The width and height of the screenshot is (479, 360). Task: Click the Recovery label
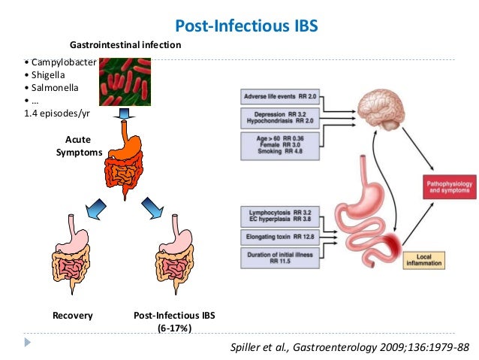(x=73, y=316)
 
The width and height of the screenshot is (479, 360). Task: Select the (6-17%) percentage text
(x=175, y=328)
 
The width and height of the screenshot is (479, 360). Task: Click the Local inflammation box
(x=423, y=260)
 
